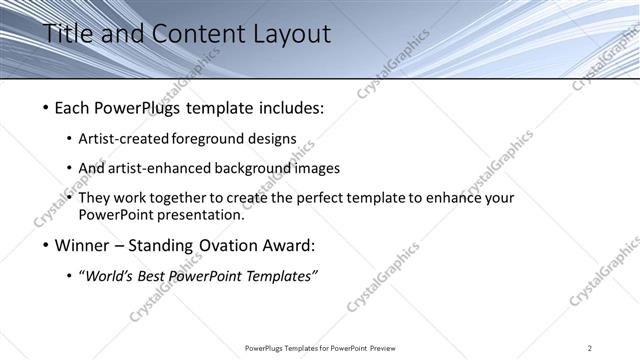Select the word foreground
point(209,139)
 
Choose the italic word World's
point(111,276)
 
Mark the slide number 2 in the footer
point(590,348)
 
